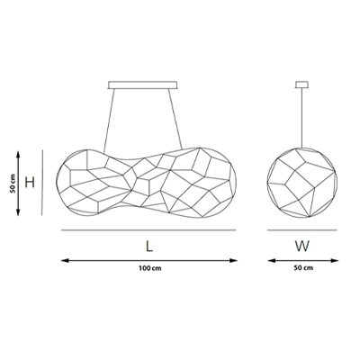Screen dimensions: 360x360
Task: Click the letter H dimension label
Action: click(30, 182)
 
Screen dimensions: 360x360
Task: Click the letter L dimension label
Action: click(149, 247)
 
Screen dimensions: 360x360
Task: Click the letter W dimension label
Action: click(301, 247)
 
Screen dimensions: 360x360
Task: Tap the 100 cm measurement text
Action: click(150, 268)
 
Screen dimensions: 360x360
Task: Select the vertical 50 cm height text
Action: click(13, 183)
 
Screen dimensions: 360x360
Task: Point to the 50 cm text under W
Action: click(303, 267)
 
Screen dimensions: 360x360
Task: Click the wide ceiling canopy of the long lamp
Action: click(143, 85)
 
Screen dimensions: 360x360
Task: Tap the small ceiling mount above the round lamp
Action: click(301, 85)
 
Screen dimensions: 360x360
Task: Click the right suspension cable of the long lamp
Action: click(175, 119)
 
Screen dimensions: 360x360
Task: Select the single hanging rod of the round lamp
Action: click(301, 118)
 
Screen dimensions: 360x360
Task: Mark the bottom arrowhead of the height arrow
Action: click(18, 212)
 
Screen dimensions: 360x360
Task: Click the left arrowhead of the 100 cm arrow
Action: click(65, 260)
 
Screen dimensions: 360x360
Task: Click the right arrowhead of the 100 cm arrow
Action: click(233, 260)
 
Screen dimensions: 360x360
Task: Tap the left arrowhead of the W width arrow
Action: click(272, 260)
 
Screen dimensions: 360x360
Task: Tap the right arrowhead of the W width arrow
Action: click(335, 260)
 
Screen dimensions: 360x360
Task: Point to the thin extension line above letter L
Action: click(148, 230)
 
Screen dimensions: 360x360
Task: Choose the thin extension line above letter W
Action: click(302, 230)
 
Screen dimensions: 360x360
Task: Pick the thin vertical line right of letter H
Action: click(42, 183)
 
